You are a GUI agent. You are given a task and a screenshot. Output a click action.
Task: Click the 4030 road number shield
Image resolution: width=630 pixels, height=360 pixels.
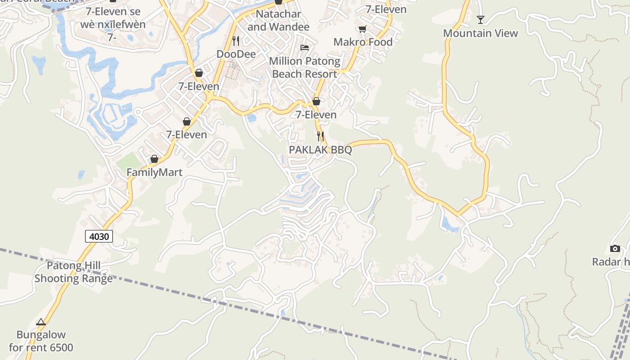(99, 236)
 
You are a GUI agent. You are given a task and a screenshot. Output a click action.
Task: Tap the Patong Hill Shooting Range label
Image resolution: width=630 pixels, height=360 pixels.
(74, 272)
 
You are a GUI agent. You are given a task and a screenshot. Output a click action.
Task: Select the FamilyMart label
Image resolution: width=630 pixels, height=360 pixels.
(154, 172)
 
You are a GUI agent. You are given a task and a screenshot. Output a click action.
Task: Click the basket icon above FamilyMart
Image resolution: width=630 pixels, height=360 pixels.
(154, 159)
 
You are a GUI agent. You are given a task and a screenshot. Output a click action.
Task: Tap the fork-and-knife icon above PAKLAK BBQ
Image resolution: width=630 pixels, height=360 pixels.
(320, 136)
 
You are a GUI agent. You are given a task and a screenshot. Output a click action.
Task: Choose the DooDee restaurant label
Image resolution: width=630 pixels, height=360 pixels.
(236, 54)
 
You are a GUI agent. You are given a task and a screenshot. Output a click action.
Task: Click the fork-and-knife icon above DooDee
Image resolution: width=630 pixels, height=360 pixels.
(236, 40)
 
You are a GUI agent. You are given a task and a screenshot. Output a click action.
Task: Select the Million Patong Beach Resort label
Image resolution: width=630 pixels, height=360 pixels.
(305, 67)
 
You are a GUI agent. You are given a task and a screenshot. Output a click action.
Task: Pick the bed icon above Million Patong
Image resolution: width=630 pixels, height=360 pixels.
(305, 47)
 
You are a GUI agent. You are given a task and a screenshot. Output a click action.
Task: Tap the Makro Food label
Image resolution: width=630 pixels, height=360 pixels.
(363, 42)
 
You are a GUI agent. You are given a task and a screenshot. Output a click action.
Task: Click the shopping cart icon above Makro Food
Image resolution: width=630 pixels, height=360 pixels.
(362, 29)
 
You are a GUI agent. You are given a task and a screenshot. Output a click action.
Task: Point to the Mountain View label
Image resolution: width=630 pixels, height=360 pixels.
(481, 33)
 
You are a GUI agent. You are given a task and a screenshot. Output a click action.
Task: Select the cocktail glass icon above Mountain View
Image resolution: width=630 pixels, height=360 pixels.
(481, 19)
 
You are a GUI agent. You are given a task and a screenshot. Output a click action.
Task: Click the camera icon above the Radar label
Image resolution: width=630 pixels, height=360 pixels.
(615, 248)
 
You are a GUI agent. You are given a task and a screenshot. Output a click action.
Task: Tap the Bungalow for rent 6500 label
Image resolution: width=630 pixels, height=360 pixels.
(41, 341)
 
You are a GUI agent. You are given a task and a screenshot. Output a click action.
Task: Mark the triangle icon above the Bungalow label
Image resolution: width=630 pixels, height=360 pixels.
(41, 322)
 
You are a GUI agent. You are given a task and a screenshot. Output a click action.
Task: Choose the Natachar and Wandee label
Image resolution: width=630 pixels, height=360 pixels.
(279, 20)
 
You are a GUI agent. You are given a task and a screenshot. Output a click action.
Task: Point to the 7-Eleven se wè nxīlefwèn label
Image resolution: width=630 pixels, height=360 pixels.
(113, 18)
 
